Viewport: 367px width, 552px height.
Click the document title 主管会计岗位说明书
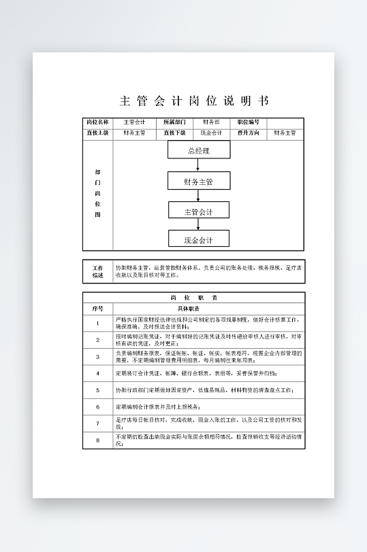(x=194, y=101)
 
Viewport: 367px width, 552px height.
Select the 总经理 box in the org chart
(x=198, y=150)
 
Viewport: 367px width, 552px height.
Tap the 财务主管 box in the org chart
(x=198, y=181)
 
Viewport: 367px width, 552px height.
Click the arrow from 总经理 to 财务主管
(x=198, y=165)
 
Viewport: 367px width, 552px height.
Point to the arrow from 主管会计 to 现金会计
(x=198, y=224)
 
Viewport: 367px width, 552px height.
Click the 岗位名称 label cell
(x=97, y=122)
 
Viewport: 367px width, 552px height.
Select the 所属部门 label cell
(x=174, y=122)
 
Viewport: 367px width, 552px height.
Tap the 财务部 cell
(x=211, y=122)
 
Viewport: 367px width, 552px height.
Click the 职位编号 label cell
(x=249, y=122)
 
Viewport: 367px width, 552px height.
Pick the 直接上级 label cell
(x=97, y=133)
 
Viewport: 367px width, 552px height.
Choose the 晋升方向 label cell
(x=249, y=133)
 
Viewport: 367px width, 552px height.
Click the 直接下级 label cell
(x=174, y=133)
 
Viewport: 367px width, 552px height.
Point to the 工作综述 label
(x=97, y=271)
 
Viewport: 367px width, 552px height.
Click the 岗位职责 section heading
(x=194, y=298)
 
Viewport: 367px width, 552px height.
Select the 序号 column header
(x=97, y=309)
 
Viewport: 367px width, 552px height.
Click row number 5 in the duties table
(x=97, y=390)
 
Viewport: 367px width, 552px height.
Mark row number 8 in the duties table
(x=97, y=441)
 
